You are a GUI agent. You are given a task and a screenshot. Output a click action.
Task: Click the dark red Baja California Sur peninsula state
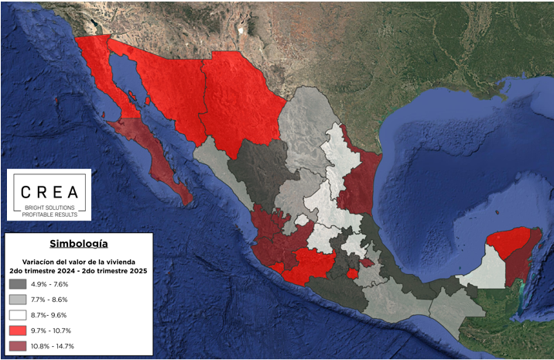click(159, 159)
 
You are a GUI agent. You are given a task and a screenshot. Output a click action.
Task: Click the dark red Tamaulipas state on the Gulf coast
click(360, 182)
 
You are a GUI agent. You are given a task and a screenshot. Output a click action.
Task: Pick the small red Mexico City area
click(352, 273)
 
